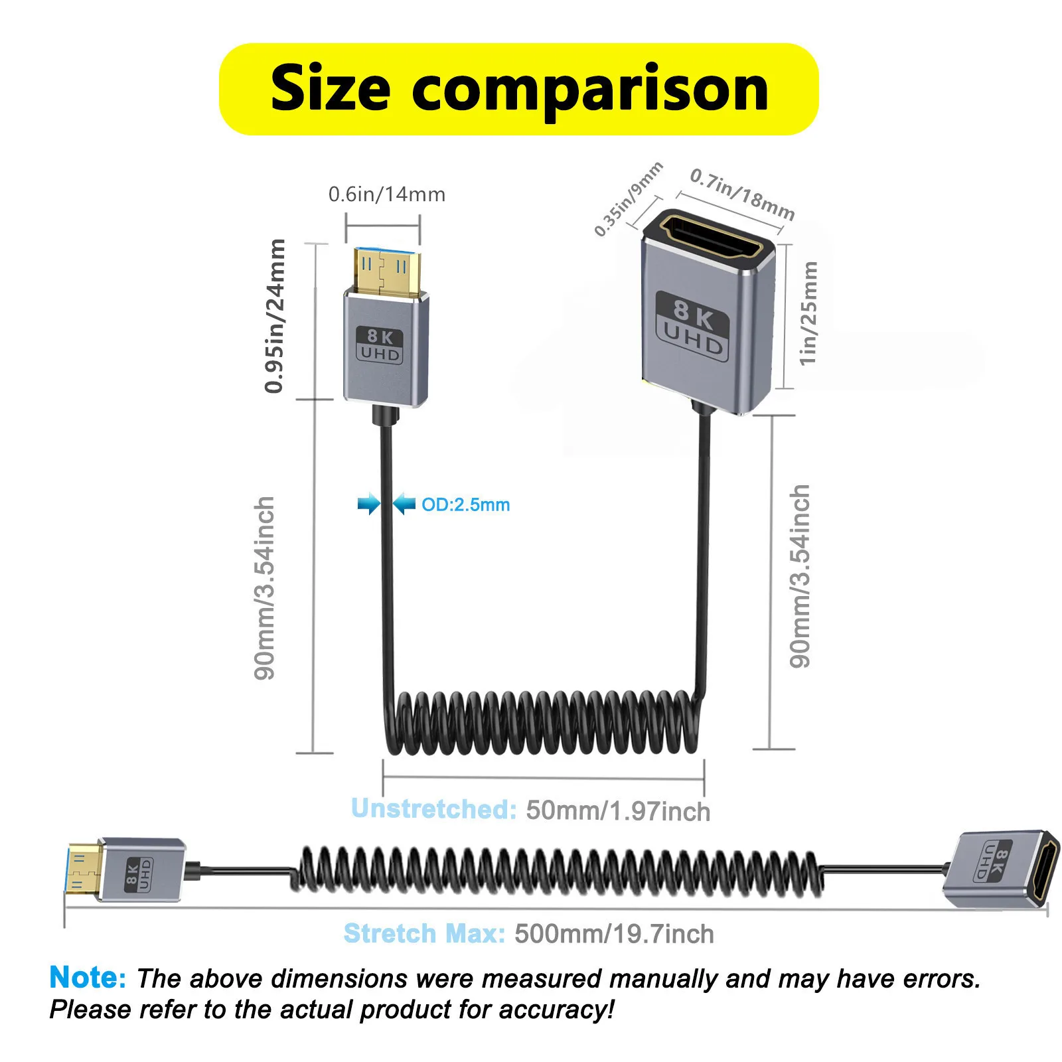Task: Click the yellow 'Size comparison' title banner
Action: [x=518, y=89]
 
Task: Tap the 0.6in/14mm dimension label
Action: [x=386, y=194]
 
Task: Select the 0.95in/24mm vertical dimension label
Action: [x=275, y=316]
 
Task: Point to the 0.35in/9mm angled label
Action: [x=628, y=198]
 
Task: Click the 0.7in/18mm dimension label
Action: [x=742, y=194]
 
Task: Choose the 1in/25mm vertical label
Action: [x=808, y=313]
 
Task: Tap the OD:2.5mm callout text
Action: [x=465, y=504]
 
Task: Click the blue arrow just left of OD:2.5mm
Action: [x=404, y=504]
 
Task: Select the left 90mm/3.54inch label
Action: [x=264, y=588]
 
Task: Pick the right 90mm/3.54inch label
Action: [x=800, y=576]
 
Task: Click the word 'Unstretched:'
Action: [x=433, y=809]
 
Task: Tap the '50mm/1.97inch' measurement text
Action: [x=618, y=811]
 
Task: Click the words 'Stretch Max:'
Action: [x=424, y=934]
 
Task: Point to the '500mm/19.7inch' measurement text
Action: [x=614, y=934]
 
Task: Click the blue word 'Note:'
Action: [x=88, y=977]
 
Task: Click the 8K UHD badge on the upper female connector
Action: [x=692, y=326]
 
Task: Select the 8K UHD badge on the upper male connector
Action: [x=380, y=345]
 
